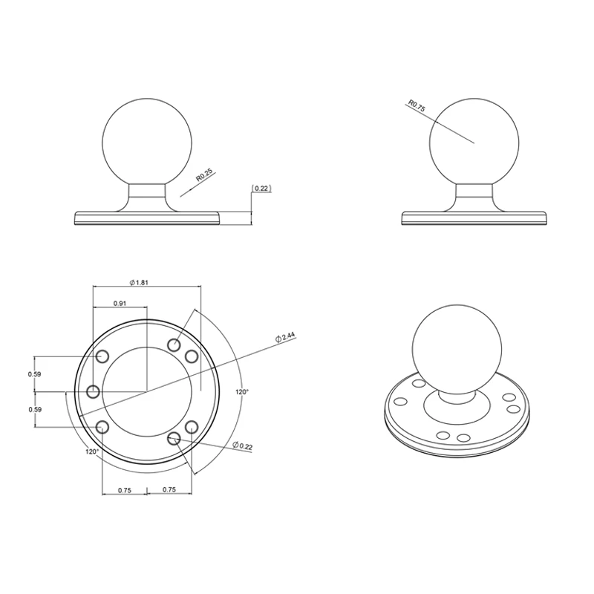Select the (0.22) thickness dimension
[261, 189]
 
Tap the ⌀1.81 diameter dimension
[140, 282]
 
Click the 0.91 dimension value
[119, 303]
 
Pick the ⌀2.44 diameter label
[286, 337]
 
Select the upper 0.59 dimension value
[34, 373]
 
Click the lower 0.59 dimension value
[34, 409]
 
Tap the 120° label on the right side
[242, 391]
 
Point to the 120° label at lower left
[91, 451]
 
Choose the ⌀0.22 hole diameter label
[244, 445]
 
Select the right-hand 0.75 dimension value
[169, 490]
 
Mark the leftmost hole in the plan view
[93, 391]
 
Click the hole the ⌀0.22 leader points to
[174, 439]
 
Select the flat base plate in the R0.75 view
[475, 218]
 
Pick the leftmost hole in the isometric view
[401, 401]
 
